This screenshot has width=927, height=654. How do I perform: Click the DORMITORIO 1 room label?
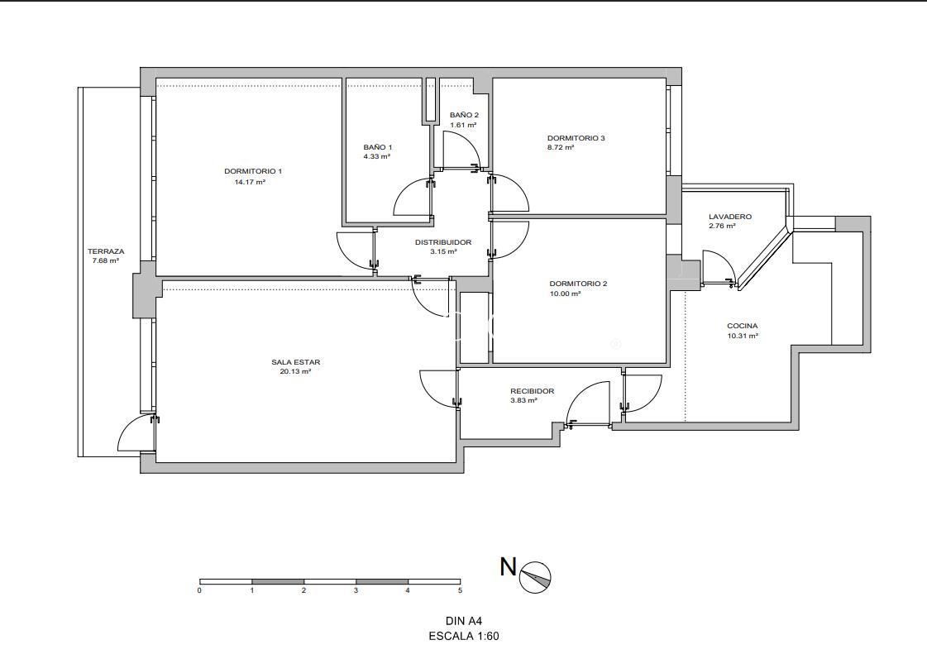tap(253, 171)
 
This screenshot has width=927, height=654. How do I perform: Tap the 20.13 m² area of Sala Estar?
tap(295, 372)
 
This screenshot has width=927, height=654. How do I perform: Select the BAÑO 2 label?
tap(464, 115)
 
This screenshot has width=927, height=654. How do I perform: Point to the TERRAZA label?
tap(106, 251)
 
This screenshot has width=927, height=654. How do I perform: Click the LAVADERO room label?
tap(730, 217)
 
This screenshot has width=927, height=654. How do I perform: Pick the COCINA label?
tap(743, 326)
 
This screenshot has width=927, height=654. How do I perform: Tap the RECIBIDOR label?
tap(532, 391)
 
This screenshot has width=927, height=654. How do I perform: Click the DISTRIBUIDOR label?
tap(443, 242)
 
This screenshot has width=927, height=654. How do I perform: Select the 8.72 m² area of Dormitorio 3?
tap(561, 148)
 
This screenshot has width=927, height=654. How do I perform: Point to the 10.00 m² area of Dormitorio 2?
tap(565, 294)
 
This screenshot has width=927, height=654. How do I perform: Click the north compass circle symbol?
tap(535, 577)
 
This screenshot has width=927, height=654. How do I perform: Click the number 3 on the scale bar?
tap(356, 590)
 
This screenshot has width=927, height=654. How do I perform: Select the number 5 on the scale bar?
tap(459, 590)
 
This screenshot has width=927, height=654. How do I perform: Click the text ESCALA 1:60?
tap(464, 637)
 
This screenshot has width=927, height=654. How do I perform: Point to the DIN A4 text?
tap(464, 621)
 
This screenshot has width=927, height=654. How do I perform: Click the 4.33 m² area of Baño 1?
tap(376, 157)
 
